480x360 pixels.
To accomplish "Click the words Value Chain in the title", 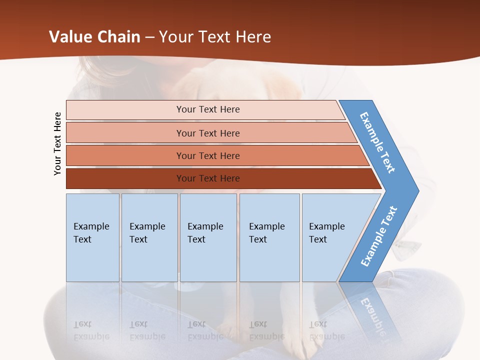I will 94,36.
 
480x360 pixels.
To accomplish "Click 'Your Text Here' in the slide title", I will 215,36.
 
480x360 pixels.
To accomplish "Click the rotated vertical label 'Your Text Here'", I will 57,143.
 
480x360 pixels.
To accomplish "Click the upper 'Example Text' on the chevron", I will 377,142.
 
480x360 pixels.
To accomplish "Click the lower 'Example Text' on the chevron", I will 379,236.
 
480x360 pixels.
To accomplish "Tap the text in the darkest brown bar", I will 208,178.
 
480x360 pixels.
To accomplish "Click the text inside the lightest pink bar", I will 208,109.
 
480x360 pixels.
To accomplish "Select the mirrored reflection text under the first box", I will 91,330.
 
